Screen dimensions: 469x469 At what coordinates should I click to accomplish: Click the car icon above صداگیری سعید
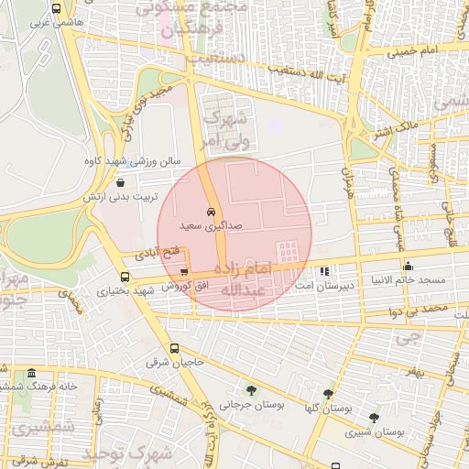click(x=212, y=211)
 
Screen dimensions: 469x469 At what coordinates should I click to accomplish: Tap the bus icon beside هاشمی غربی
click(x=57, y=9)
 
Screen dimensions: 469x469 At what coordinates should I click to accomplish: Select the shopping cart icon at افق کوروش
click(x=185, y=272)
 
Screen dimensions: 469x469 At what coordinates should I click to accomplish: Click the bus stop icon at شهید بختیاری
click(x=125, y=277)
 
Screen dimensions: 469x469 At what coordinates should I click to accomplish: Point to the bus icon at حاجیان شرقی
click(x=174, y=348)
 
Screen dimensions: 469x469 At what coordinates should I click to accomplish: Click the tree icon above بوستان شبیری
click(x=373, y=417)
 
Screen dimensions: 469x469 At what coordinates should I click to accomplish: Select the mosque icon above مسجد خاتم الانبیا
click(x=408, y=267)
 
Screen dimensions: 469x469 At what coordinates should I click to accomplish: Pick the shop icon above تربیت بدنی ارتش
click(x=121, y=182)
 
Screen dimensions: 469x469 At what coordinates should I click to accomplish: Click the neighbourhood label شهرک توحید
click(x=128, y=453)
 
